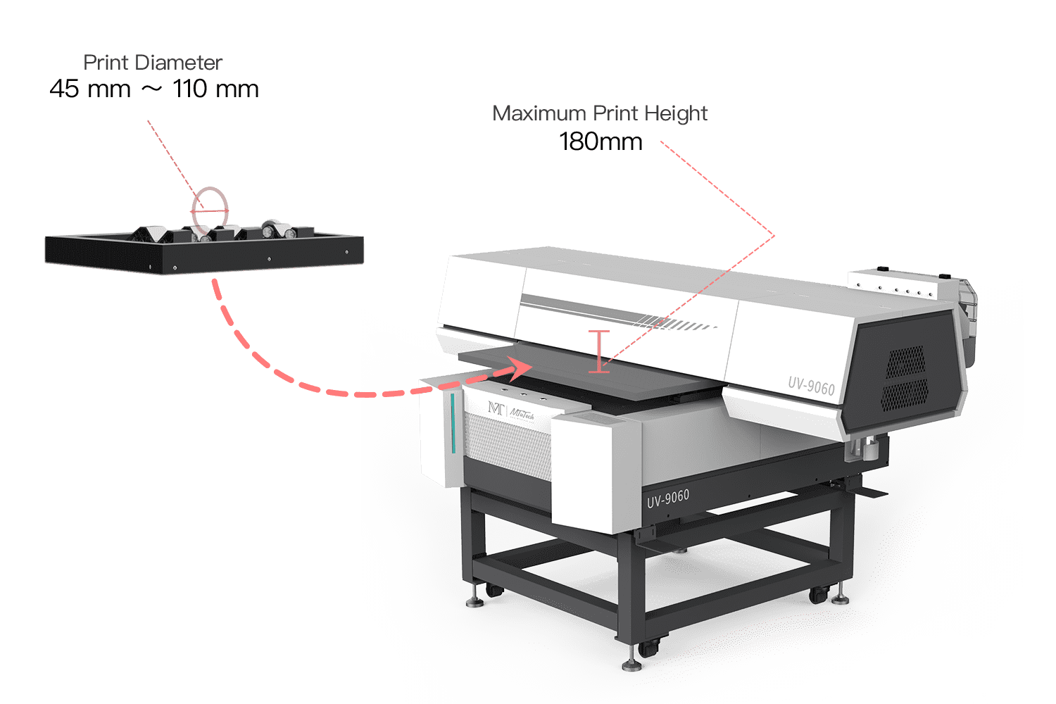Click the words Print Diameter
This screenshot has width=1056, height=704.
(x=153, y=63)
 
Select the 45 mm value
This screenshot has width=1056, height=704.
(x=90, y=89)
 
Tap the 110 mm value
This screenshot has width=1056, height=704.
(x=216, y=89)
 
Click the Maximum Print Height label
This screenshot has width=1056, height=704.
(x=600, y=113)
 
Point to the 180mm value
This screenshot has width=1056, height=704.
(x=601, y=142)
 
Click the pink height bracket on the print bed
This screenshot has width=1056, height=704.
(x=599, y=352)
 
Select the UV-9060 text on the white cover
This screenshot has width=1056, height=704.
(x=811, y=386)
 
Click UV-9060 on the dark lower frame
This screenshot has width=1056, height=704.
(x=668, y=498)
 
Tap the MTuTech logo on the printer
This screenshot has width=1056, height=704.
(x=511, y=411)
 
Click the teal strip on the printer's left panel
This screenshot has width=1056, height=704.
(x=453, y=423)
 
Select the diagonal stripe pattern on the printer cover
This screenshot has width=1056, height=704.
(x=675, y=323)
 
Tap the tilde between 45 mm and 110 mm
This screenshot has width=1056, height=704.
(x=152, y=89)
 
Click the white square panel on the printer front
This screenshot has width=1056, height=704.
(x=596, y=474)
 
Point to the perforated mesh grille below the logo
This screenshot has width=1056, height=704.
(x=508, y=446)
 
